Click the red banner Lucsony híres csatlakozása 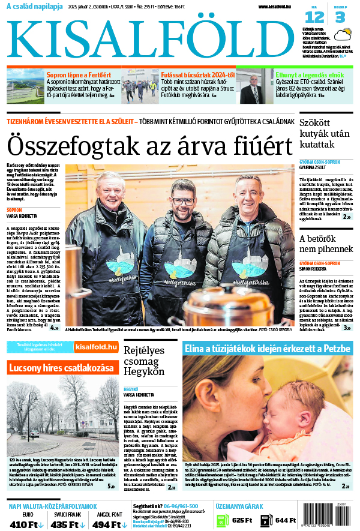(61, 367)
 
